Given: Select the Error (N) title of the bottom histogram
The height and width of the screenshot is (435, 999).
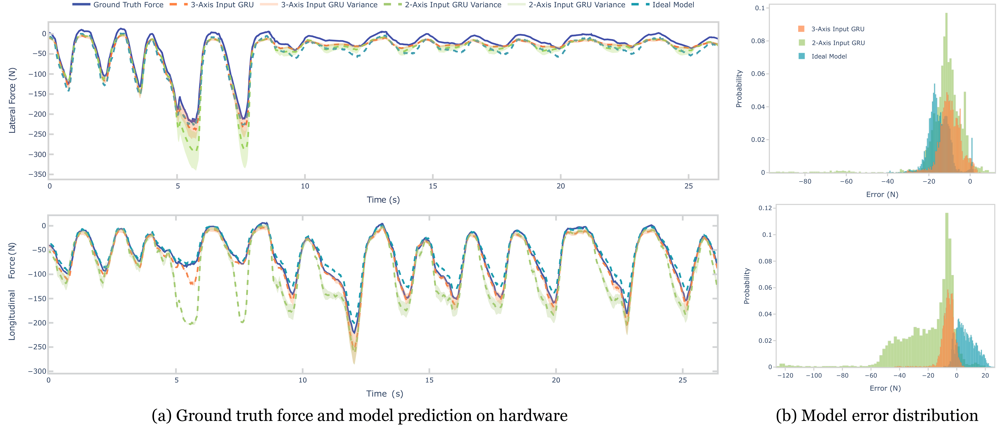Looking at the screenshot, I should pyautogui.click(x=885, y=388).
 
